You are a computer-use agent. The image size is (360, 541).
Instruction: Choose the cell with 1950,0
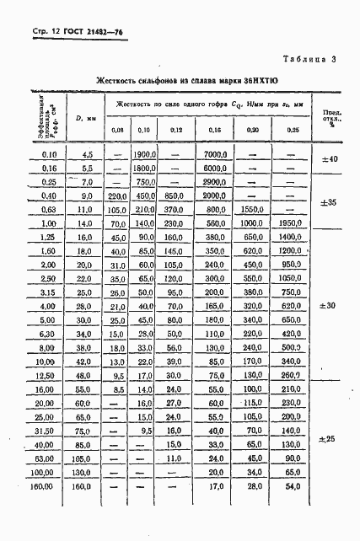coord(292,223)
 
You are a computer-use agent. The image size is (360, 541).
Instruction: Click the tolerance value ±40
coord(330,159)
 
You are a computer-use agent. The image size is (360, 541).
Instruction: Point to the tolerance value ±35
coord(330,203)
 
